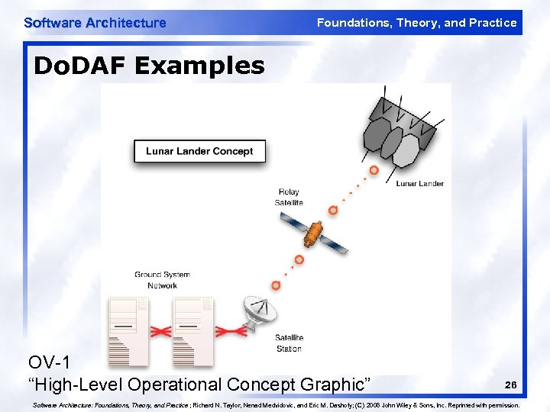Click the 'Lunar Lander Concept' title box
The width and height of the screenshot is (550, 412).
pyautogui.click(x=199, y=151)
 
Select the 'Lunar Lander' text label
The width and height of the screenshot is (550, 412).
pyautogui.click(x=419, y=184)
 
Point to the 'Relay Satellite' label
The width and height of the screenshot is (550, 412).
pyautogui.click(x=289, y=197)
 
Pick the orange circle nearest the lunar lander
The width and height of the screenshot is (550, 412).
pyautogui.click(x=374, y=170)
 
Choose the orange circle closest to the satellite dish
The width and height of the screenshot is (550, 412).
pyautogui.click(x=276, y=285)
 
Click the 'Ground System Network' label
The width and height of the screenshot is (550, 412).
pyautogui.click(x=162, y=280)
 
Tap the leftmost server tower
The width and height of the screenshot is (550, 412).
pyautogui.click(x=128, y=330)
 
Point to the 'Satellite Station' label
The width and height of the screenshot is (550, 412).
pyautogui.click(x=289, y=343)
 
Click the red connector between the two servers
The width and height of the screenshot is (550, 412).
pyautogui.click(x=161, y=331)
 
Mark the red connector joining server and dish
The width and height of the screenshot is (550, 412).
pyautogui.click(x=228, y=331)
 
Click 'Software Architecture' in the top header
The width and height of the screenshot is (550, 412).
pyautogui.click(x=95, y=23)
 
